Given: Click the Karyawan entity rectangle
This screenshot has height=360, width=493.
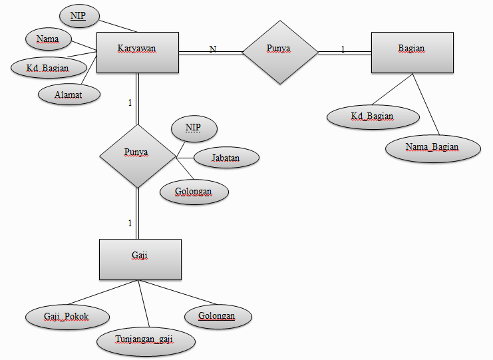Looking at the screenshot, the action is [x=138, y=53].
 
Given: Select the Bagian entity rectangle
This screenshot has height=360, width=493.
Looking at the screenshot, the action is [x=412, y=53].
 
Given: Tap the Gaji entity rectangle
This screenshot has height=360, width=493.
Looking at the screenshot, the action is [x=140, y=260].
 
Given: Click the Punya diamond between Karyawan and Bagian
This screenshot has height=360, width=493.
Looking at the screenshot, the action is [x=280, y=52].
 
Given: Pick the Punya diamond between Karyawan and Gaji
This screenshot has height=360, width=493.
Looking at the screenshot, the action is [x=138, y=156].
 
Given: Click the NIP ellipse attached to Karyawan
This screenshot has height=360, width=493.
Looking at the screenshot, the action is [x=79, y=16].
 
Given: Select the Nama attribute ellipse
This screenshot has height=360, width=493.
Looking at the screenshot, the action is [x=48, y=39].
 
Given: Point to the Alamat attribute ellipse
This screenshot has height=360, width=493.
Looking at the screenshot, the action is [x=69, y=94].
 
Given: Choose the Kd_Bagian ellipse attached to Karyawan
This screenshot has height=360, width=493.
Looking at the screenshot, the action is [x=49, y=68].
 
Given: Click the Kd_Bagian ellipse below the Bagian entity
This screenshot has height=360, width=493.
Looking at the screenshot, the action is [x=373, y=116].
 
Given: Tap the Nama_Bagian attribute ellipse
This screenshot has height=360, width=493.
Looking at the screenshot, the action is [x=433, y=148].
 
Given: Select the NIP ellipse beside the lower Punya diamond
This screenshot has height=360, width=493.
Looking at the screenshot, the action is [x=194, y=128].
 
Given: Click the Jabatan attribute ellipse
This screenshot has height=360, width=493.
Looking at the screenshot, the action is [x=226, y=158].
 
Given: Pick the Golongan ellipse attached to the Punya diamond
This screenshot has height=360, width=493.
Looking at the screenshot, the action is [x=194, y=192].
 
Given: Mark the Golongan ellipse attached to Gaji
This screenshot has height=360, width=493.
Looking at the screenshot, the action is [x=218, y=316].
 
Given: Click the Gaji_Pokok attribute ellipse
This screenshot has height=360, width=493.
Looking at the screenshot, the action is [x=67, y=317].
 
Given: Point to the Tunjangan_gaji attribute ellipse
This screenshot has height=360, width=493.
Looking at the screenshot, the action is [x=146, y=341].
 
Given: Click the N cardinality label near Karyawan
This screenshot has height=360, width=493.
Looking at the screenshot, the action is [x=213, y=49].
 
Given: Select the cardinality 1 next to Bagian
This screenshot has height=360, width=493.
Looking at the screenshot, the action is [x=343, y=49].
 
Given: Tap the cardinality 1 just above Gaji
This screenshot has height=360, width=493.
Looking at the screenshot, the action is [x=130, y=223].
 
